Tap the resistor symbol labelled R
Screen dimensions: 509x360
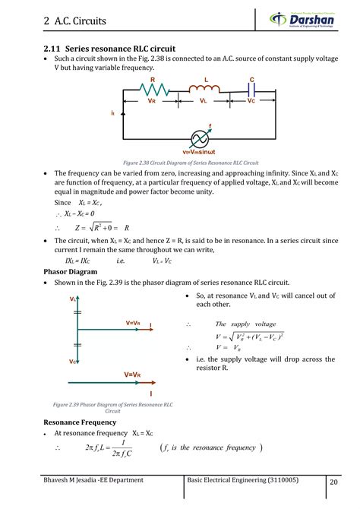tap(153, 90)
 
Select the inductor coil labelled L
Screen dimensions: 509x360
tap(204, 90)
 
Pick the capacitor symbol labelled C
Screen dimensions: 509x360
tap(251, 90)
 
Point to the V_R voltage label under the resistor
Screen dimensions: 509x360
tap(152, 100)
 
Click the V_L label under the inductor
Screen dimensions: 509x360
tap(204, 100)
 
